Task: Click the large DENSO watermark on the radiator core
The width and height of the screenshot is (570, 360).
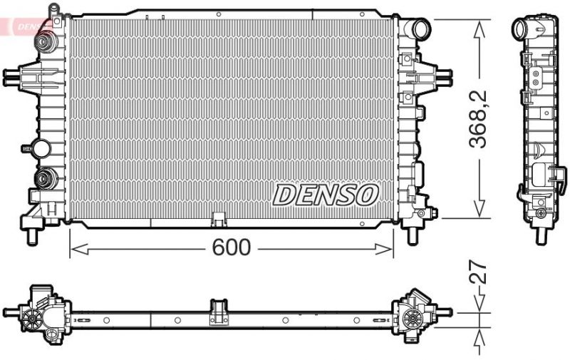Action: (325, 193)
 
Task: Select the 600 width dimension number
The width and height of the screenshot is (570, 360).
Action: (232, 248)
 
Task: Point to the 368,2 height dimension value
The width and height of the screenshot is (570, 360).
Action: (480, 118)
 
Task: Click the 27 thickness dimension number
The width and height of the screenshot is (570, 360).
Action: (480, 273)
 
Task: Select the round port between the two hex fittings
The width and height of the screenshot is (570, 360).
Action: (41, 149)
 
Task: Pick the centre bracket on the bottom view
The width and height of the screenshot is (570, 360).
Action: (218, 312)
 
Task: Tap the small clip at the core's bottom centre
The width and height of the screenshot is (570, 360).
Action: (219, 217)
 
